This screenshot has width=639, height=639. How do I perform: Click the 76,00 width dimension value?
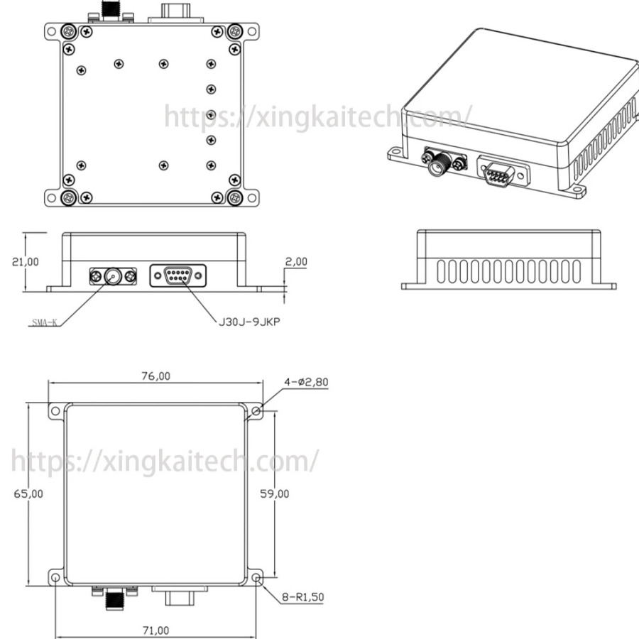(155, 376)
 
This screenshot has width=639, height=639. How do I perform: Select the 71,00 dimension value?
(155, 630)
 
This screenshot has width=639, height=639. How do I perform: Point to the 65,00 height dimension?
(28, 493)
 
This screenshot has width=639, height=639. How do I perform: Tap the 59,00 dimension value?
(275, 493)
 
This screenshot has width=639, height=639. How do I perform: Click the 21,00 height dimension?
(26, 261)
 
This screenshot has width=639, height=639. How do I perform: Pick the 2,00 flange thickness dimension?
(296, 261)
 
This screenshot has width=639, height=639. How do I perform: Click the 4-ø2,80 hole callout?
(306, 382)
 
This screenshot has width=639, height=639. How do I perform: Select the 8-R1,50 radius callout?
(303, 597)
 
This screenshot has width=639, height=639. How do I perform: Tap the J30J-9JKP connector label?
(249, 322)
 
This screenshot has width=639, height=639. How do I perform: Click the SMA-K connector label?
(45, 323)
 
